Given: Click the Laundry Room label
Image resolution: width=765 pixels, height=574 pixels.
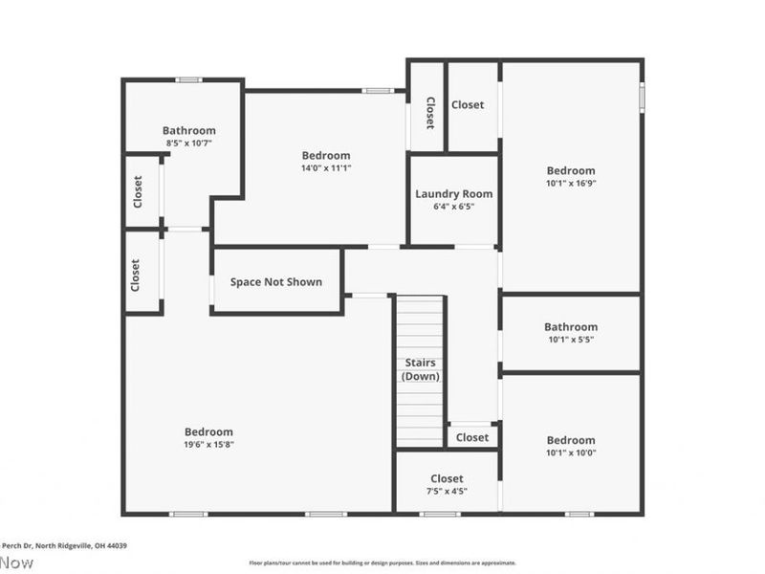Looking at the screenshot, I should pyautogui.click(x=453, y=193).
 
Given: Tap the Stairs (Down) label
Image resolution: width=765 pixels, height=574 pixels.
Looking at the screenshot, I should pyautogui.click(x=420, y=369).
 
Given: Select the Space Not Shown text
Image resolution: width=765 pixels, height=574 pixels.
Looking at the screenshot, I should pyautogui.click(x=275, y=282).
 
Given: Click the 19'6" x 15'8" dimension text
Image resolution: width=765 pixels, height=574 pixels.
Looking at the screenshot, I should pyautogui.click(x=208, y=444).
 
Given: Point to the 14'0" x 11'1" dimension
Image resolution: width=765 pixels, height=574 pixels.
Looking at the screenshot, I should pyautogui.click(x=326, y=167).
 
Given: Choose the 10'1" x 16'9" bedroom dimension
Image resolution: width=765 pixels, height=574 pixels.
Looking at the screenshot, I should pyautogui.click(x=571, y=183).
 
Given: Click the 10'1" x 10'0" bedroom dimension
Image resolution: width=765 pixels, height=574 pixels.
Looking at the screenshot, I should pyautogui.click(x=571, y=453).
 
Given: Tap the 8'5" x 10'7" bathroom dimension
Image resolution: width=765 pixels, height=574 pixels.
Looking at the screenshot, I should pyautogui.click(x=188, y=143).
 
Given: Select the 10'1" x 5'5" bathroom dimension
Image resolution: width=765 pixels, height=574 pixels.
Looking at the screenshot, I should pyautogui.click(x=571, y=339).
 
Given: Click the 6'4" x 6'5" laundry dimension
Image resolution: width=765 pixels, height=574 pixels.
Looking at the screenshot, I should pyautogui.click(x=453, y=206).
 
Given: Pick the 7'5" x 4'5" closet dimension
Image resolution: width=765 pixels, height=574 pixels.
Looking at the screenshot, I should pyautogui.click(x=447, y=491).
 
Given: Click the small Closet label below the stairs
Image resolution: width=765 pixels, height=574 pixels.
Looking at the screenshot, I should pyautogui.click(x=471, y=437).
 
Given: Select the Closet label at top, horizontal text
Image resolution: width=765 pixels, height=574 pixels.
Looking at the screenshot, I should pyautogui.click(x=468, y=105).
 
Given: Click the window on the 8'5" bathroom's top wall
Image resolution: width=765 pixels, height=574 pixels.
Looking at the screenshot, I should pyautogui.click(x=188, y=79).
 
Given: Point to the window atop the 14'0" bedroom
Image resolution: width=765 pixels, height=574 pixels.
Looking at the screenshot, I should pyautogui.click(x=377, y=91).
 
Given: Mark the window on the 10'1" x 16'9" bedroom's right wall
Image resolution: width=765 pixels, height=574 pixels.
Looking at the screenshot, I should pyautogui.click(x=642, y=96).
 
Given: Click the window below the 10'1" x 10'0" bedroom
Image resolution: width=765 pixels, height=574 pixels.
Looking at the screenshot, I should pyautogui.click(x=578, y=514).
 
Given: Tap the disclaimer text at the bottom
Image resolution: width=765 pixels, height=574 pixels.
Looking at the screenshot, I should pyautogui.click(x=382, y=563).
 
